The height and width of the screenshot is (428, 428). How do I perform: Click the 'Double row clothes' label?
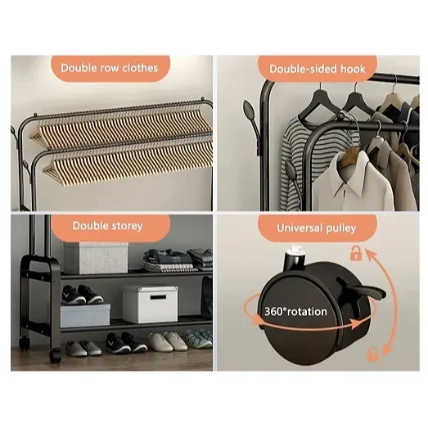[x=109, y=68]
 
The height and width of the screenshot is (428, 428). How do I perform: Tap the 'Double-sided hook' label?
[x=318, y=69]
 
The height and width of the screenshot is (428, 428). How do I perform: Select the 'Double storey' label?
[x=107, y=226]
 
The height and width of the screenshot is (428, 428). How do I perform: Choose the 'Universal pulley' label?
[x=317, y=228]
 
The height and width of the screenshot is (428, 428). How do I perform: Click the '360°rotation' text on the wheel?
[x=295, y=312]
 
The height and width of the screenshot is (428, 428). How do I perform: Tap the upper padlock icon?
[x=356, y=253]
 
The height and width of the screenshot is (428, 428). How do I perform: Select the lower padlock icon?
[x=373, y=354]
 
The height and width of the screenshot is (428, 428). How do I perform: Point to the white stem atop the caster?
[x=295, y=250]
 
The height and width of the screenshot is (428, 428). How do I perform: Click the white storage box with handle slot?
[x=150, y=304]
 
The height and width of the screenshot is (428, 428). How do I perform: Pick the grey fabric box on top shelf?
[x=96, y=258]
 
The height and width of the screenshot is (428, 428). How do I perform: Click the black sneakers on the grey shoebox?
[x=82, y=295]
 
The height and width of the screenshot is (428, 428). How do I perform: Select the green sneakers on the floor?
[x=199, y=338]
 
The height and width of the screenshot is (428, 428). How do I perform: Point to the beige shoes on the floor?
[x=167, y=341]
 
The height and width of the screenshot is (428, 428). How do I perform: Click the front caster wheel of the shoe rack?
[x=55, y=355]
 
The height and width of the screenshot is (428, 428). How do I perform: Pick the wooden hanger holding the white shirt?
[x=349, y=157]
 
